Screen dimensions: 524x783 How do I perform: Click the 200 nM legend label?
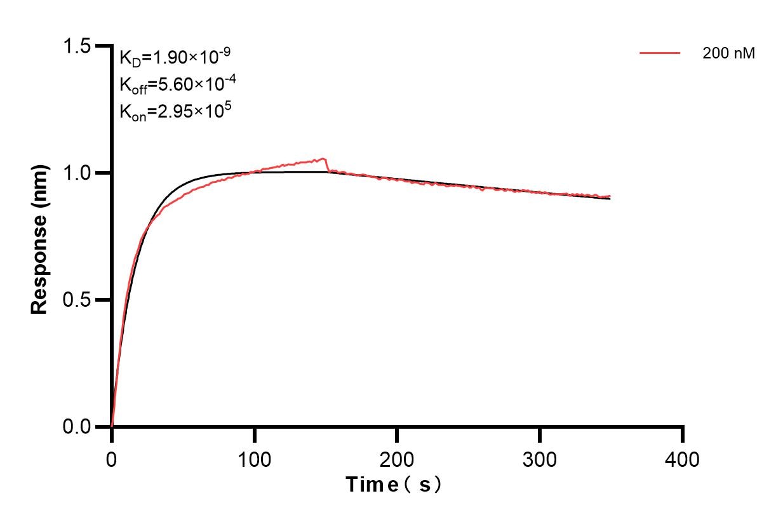[x=728, y=54]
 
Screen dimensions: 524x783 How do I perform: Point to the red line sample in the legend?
[x=660, y=54]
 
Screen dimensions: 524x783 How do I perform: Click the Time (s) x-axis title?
[x=394, y=485]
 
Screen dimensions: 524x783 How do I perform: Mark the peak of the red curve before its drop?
[x=325, y=159]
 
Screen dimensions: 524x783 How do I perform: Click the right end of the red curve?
[x=610, y=196]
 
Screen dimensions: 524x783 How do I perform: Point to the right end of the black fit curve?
[x=610, y=199]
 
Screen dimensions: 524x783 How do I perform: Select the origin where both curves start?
[x=112, y=426]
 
